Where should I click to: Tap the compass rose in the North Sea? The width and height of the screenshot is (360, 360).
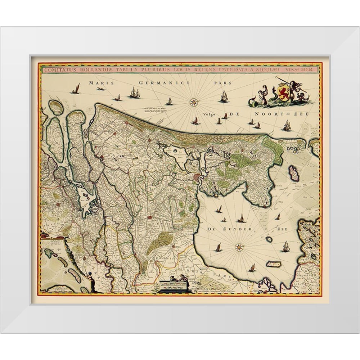[194, 102]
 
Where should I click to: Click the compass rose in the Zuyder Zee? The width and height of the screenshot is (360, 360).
[239, 247]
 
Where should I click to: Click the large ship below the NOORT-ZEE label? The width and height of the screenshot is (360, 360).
[287, 126]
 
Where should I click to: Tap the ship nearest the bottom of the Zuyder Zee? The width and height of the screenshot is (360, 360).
[252, 268]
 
